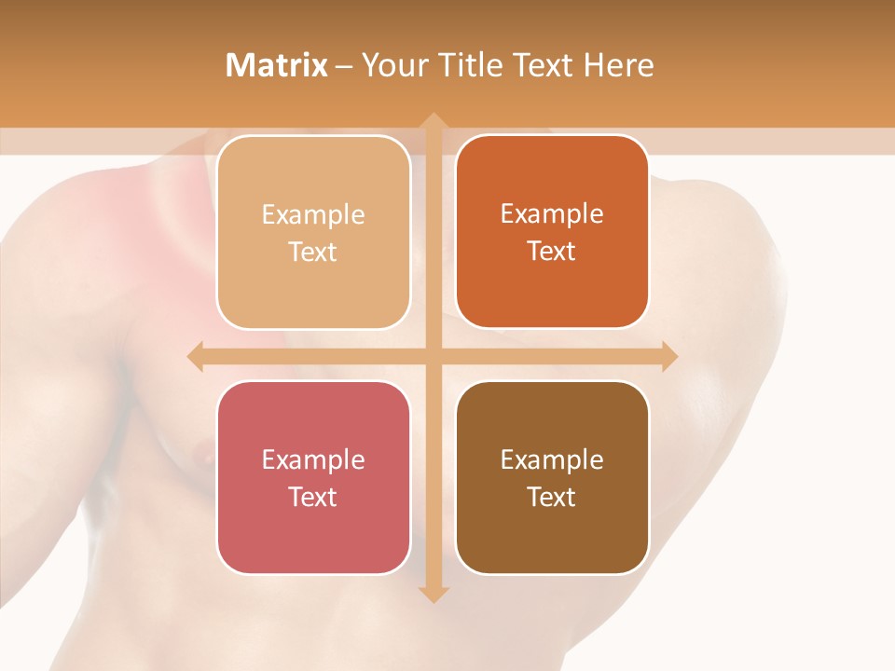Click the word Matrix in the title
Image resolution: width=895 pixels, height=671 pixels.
pos(277,65)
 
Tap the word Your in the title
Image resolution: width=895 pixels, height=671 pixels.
pos(394,65)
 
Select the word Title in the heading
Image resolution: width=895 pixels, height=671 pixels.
pos(468,65)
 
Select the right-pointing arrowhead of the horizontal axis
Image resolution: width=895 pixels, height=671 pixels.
pos(668,356)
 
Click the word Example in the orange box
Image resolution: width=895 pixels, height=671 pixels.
pos(552,213)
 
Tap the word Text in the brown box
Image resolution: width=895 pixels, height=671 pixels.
pos(552,497)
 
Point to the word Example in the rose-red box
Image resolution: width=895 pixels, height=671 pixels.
pos(313,459)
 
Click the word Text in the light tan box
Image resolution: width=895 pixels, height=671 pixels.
pos(313,252)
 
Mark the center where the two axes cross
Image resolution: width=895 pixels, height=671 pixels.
pos(433,356)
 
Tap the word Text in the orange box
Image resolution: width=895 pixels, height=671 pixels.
pos(552,251)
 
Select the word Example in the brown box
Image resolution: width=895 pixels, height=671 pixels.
pos(552,459)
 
